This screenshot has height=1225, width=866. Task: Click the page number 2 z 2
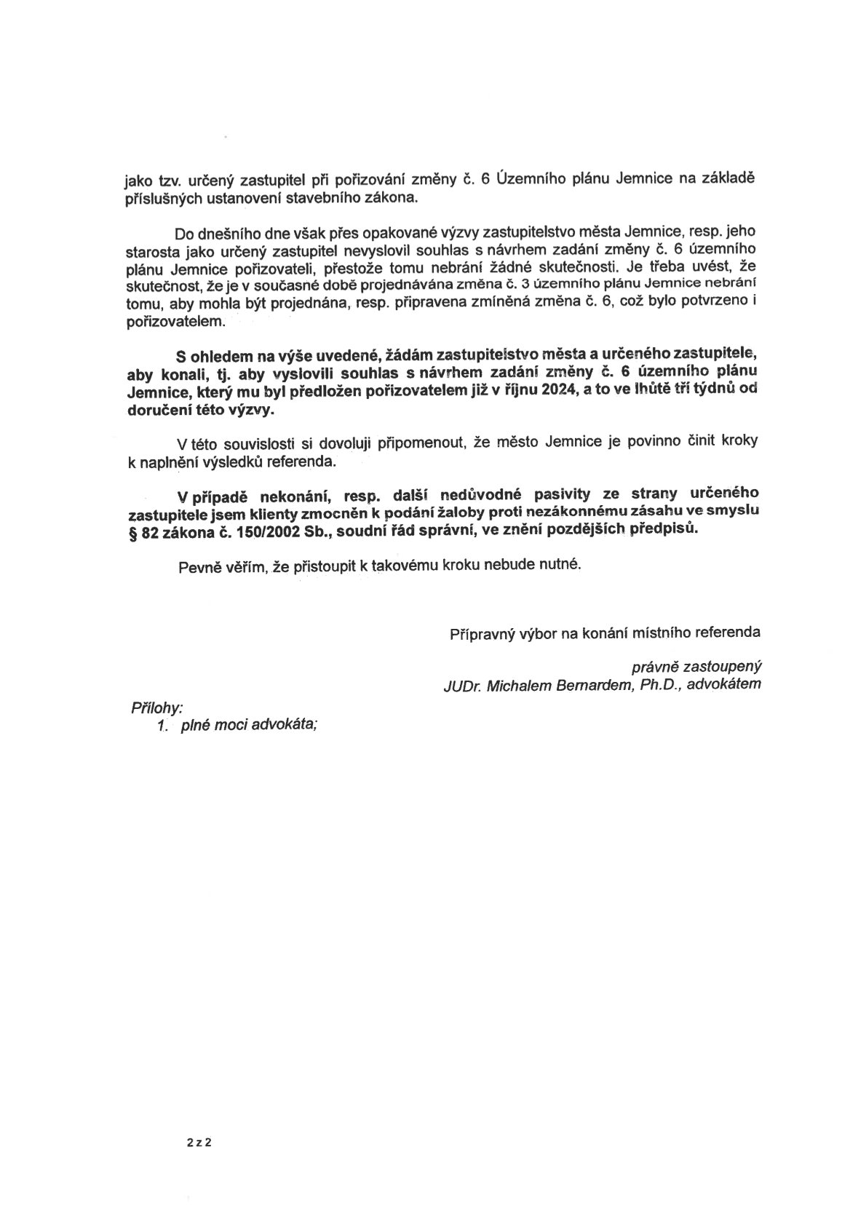pos(199,1142)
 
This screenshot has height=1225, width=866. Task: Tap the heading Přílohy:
pos(156,707)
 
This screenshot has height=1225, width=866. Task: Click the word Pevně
pos(199,565)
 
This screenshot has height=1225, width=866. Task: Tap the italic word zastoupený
pos(720,666)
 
